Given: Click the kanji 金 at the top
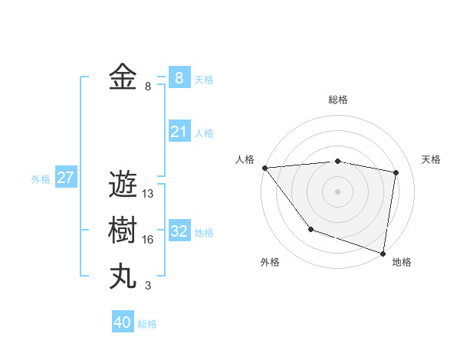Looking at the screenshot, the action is pyautogui.click(x=123, y=78).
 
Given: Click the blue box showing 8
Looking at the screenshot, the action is pyautogui.click(x=179, y=78).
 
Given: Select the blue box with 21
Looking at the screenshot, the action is pyautogui.click(x=179, y=132).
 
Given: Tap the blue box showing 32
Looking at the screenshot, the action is pyautogui.click(x=179, y=231).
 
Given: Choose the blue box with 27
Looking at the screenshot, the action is pyautogui.click(x=65, y=178).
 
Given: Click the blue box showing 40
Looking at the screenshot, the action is pyautogui.click(x=123, y=322).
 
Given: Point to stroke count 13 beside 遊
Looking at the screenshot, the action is pyautogui.click(x=148, y=194).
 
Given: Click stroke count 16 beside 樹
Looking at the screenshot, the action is pyautogui.click(x=148, y=240).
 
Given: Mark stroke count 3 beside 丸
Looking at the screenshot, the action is pyautogui.click(x=148, y=286).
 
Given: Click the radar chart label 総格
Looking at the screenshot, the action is pyautogui.click(x=338, y=100).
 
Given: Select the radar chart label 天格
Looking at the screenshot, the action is pyautogui.click(x=432, y=159).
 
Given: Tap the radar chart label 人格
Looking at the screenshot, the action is pyautogui.click(x=245, y=159).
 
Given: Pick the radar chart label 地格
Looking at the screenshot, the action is pyautogui.click(x=402, y=263).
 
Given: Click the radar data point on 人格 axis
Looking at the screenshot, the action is pyautogui.click(x=264, y=168).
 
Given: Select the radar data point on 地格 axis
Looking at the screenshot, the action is pyautogui.click(x=383, y=252).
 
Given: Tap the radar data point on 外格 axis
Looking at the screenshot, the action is pyautogui.click(x=310, y=229).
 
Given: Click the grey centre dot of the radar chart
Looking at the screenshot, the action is pyautogui.click(x=338, y=191).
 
